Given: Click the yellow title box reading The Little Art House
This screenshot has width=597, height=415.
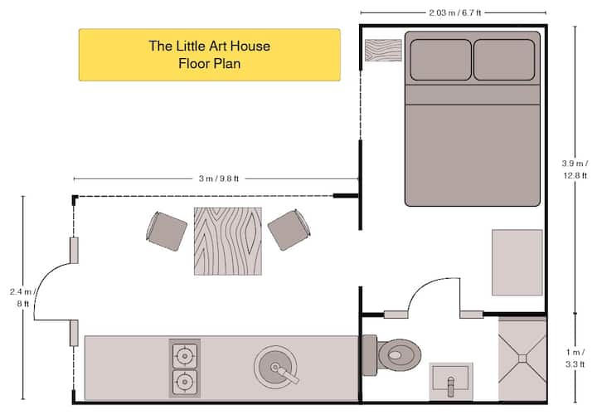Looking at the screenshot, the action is point(210,55).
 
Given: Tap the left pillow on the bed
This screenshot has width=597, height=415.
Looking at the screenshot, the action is point(440,60).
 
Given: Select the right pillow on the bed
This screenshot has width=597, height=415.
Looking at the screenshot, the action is point(504,60).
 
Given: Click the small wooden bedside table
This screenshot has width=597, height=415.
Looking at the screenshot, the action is point(383,50).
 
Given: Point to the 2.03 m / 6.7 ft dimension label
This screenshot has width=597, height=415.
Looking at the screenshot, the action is point(455,13).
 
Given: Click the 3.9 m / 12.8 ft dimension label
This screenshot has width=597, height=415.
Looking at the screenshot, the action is point(575,169).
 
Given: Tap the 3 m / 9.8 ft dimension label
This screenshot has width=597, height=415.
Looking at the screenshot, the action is point(219,178).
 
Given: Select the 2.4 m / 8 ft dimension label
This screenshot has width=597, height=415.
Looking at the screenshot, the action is point(23,298).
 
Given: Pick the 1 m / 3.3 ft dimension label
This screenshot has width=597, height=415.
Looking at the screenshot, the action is point(575,358).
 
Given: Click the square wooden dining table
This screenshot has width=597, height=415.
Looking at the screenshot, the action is point(228,242).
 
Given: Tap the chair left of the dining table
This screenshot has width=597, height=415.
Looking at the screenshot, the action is point(166,231).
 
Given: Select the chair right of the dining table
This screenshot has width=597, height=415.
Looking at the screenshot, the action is point(289,229).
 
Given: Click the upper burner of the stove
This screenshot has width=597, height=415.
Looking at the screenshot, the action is point(185,356).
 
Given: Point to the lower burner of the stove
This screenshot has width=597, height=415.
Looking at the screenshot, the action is point(185,382).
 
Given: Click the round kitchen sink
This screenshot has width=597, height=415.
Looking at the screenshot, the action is point(275,368).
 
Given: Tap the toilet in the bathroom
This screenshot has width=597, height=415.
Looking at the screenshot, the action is point(391,354).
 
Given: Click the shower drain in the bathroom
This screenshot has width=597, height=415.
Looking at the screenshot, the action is point(522,359).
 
